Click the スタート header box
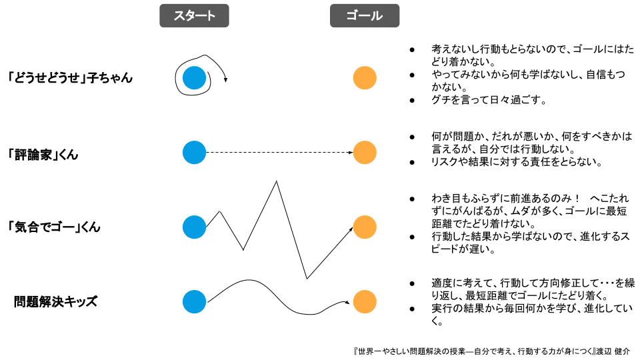[194, 15]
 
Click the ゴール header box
[365, 15]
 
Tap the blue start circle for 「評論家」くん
[195, 153]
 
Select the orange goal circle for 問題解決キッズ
[365, 302]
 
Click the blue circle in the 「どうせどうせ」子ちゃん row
[195, 78]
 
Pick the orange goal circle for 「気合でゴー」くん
[365, 227]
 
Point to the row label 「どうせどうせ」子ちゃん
[70, 78]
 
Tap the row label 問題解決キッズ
[55, 302]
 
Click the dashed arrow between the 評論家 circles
[280, 153]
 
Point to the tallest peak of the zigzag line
[275, 181]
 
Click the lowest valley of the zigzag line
[307, 278]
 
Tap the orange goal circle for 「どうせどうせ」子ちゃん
[365, 78]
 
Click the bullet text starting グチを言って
[489, 101]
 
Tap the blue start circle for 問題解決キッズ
[195, 302]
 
